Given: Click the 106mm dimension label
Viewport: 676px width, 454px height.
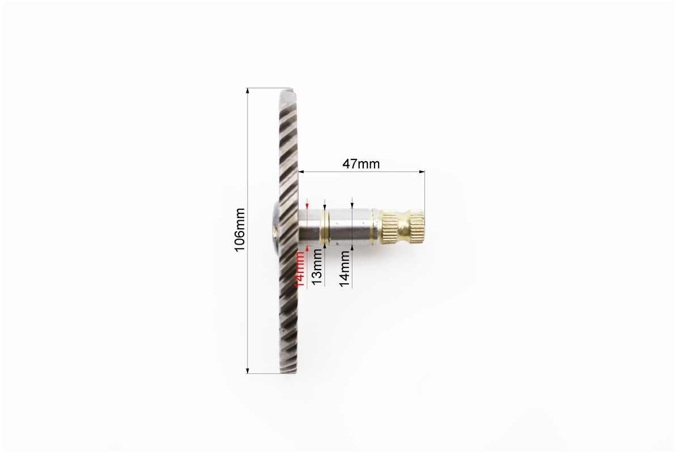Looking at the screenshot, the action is tap(240, 230).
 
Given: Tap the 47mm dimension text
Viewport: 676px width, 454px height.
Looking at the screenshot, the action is tap(361, 164).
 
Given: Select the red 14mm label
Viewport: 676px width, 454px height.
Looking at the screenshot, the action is tap(299, 268).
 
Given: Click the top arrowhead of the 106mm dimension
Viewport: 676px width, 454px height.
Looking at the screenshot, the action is tap(248, 90).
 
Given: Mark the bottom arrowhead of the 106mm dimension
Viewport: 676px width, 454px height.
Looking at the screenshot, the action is tap(248, 371).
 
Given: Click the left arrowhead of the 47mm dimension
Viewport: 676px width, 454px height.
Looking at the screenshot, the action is tap(301, 172).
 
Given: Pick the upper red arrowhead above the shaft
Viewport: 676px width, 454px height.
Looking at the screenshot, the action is tap(307, 205).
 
